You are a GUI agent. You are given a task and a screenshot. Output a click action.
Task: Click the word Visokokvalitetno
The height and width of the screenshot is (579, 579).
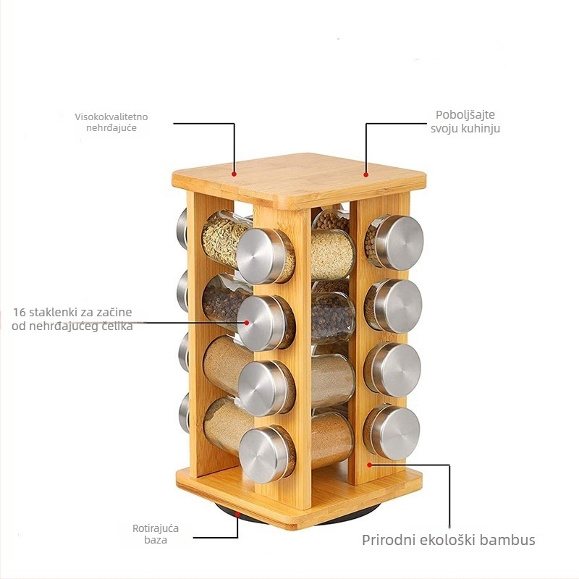click(111, 117)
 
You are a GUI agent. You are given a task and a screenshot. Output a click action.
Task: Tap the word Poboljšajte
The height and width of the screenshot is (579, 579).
click(465, 115)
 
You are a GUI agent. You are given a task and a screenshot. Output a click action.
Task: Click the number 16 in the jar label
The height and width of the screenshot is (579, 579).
click(20, 312)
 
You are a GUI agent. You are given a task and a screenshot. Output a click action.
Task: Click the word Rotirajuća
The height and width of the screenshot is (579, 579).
click(156, 528)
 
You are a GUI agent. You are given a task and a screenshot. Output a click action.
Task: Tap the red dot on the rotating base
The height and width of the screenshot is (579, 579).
click(238, 513)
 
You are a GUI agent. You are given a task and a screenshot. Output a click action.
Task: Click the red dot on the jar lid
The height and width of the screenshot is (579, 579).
click(247, 322)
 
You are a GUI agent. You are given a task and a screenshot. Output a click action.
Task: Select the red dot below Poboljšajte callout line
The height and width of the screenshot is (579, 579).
click(366, 174)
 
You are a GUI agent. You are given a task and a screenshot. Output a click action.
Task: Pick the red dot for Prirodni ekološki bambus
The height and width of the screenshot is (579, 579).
click(369, 465)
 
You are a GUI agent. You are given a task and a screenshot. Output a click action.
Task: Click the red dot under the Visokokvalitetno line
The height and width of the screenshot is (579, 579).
click(234, 174)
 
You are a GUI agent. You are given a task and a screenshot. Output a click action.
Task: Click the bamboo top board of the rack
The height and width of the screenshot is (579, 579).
click(299, 179)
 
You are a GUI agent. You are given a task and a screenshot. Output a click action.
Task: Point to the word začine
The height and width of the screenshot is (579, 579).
click(114, 312)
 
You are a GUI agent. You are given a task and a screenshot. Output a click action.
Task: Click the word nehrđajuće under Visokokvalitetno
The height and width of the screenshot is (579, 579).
click(111, 128)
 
